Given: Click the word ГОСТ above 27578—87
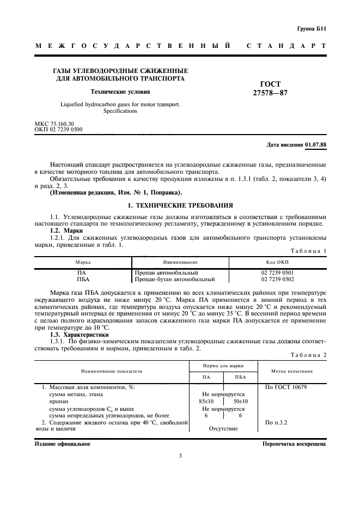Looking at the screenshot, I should (271, 84).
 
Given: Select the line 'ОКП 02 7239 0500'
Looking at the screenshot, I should (59, 131).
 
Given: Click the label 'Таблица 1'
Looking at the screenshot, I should (309, 250).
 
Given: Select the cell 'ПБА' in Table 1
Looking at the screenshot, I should (83, 280).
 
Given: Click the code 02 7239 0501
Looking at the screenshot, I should (277, 272).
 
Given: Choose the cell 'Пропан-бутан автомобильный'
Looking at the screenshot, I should (175, 280).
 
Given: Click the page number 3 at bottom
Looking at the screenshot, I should (180, 457).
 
